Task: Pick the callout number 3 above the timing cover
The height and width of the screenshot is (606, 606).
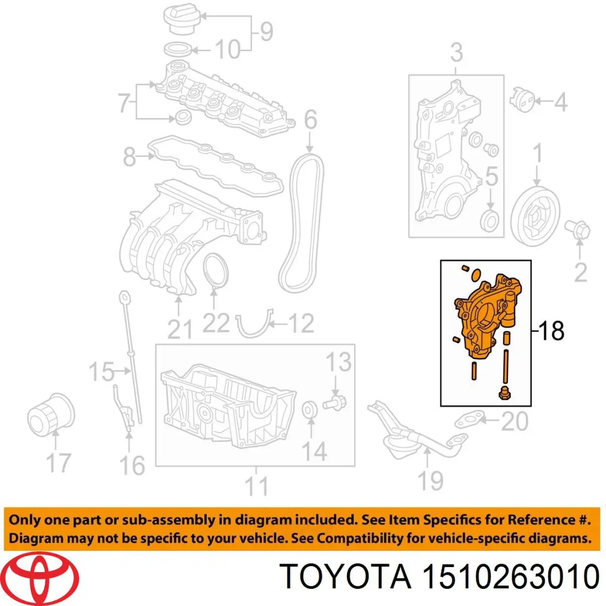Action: (457, 53)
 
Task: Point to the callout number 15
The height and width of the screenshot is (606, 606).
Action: (102, 372)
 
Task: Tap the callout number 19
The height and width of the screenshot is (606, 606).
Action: (431, 481)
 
